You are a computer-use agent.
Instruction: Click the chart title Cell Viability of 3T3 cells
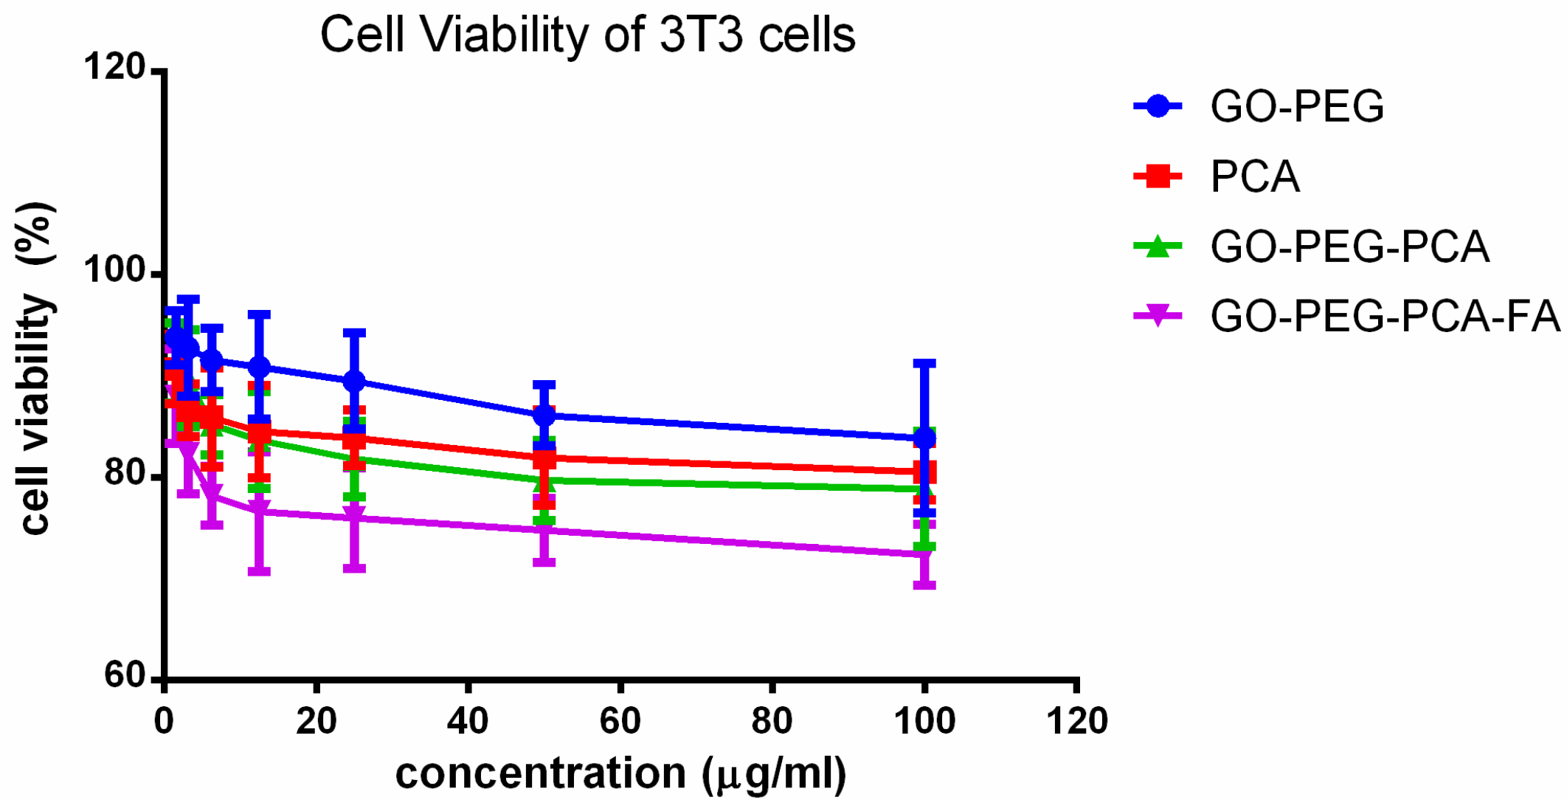[x=587, y=35]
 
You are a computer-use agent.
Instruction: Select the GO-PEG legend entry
[x=1296, y=106]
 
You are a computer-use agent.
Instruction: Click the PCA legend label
[x=1254, y=176]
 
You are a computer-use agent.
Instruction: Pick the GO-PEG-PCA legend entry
[x=1349, y=246]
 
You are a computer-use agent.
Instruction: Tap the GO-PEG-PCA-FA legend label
[x=1385, y=316]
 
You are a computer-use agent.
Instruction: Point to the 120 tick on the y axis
[x=115, y=67]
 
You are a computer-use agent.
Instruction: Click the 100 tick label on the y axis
[x=115, y=270]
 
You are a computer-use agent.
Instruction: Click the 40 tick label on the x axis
[x=468, y=720]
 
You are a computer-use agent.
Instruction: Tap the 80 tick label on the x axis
[x=772, y=720]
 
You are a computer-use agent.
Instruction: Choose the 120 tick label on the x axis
[x=1076, y=720]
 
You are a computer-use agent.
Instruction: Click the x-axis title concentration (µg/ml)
[x=620, y=773]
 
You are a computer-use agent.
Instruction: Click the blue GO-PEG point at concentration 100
[x=924, y=439]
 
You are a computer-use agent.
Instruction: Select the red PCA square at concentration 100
[x=924, y=472]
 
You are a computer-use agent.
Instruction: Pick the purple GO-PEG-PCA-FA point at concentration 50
[x=544, y=530]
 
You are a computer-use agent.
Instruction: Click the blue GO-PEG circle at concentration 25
[x=354, y=382]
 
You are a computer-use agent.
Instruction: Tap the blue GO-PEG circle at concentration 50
[x=544, y=415]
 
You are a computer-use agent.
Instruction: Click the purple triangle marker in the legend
[x=1158, y=316]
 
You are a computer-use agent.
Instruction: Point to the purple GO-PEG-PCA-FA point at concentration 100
[x=924, y=554]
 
